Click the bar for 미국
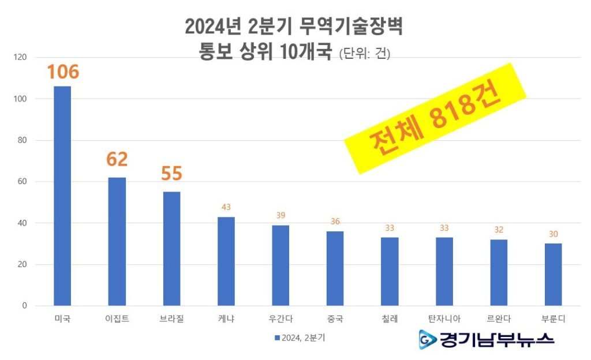62,196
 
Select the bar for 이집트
117,242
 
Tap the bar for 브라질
171,249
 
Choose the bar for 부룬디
553,275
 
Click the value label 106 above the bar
62,73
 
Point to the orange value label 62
117,159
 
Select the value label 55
171,174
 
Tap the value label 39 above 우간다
280,215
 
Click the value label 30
553,234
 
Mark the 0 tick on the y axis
24,306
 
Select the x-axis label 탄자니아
444,319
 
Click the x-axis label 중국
335,319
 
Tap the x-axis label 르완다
498,319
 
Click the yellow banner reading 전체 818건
436,118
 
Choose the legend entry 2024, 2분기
300,337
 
